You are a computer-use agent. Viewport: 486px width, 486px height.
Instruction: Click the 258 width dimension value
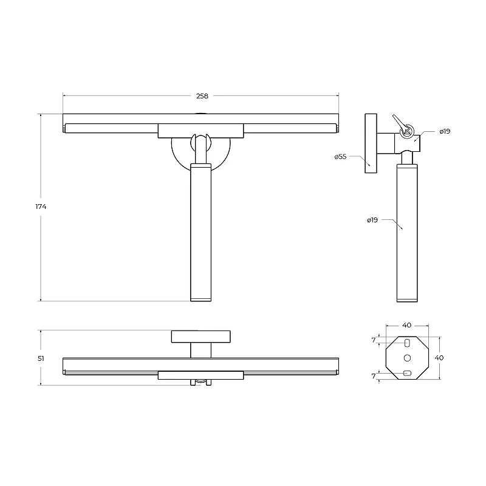coord(202,96)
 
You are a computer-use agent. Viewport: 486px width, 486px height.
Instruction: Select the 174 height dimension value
coord(41,207)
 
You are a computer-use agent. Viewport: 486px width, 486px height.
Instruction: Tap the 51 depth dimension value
coord(41,358)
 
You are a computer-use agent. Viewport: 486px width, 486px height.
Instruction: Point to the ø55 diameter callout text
coord(340,157)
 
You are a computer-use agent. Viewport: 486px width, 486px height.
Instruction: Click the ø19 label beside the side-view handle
coord(372,220)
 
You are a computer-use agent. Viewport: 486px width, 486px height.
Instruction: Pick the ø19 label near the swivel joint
coord(445,131)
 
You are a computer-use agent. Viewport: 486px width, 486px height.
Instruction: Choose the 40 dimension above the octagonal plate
coord(407,325)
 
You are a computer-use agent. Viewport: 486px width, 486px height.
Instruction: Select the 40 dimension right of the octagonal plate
coord(439,358)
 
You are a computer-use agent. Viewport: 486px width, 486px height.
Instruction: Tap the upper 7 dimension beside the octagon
coord(374,340)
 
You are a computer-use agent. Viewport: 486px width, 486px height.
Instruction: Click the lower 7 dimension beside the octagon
coord(374,376)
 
